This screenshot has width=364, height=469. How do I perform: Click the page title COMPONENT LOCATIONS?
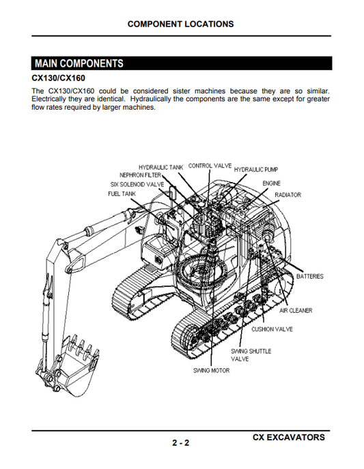click(180, 24)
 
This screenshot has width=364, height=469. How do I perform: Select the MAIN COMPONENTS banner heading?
click(79, 63)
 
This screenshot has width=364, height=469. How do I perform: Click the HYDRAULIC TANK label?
click(160, 167)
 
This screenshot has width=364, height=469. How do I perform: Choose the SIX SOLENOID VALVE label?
click(137, 184)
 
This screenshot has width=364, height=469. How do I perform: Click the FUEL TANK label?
click(122, 194)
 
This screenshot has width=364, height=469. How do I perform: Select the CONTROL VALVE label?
click(210, 166)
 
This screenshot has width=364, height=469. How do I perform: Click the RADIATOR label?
click(288, 195)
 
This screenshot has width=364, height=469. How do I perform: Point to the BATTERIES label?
click(309, 276)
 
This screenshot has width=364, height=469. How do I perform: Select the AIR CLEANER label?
click(296, 311)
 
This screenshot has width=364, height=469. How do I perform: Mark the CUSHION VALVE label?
click(272, 329)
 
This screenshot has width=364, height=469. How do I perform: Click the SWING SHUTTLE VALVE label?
click(251, 354)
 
